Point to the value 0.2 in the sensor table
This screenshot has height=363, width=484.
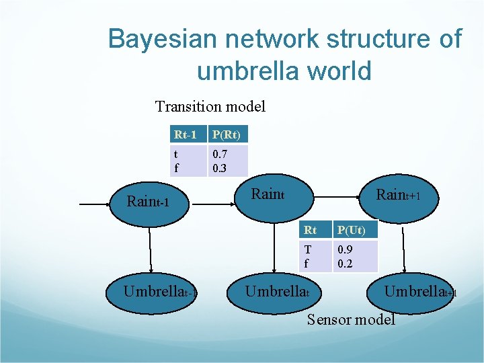tap(345, 264)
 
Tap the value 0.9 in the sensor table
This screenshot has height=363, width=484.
tap(345, 251)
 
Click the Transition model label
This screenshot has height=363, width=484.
tap(210, 106)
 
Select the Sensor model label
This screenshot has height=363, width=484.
tap(351, 319)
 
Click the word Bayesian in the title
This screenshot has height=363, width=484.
tap(162, 40)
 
